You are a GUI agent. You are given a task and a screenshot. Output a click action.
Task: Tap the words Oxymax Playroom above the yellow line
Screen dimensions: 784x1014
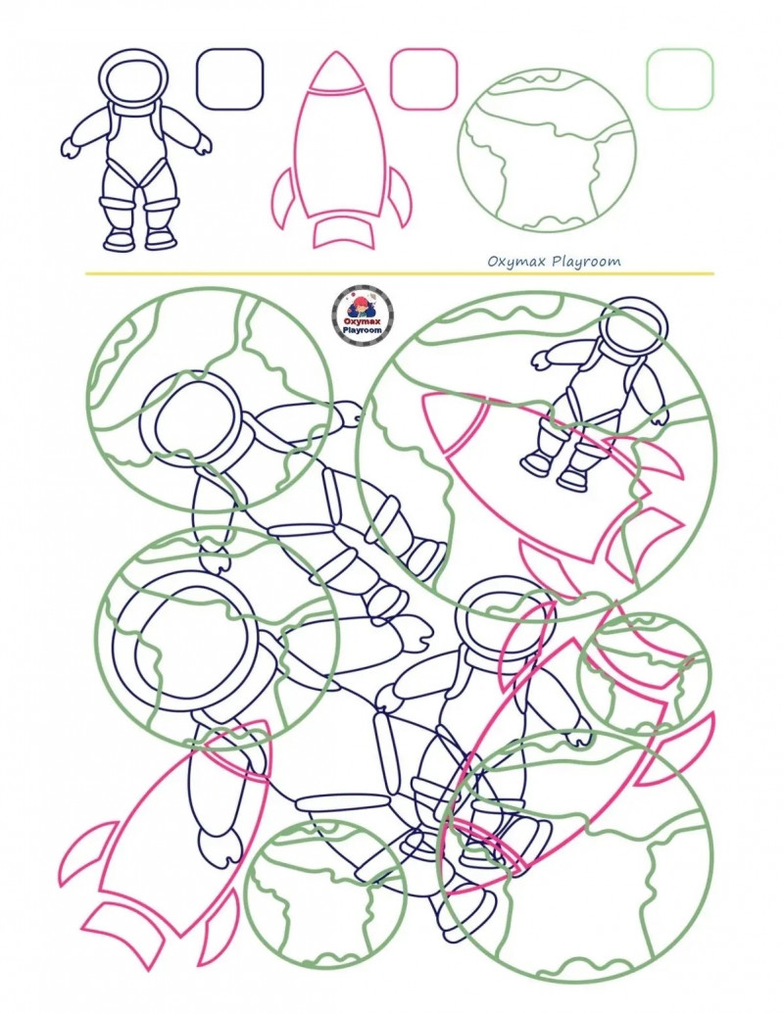coord(554,262)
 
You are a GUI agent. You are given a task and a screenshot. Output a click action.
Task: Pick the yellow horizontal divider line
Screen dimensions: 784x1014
coord(400,273)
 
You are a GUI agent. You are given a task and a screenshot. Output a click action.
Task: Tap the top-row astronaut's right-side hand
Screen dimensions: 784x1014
coord(203,146)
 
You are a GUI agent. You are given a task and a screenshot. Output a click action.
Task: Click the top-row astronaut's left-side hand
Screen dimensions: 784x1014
coord(70,147)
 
